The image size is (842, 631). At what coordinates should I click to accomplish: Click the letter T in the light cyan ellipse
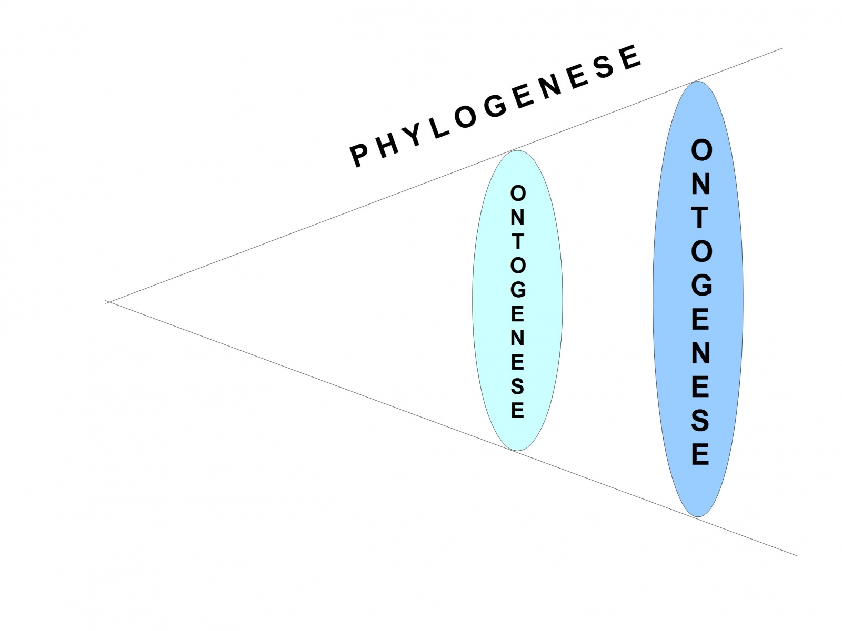tap(518, 241)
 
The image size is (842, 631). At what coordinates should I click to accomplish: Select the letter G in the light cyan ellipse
tap(518, 290)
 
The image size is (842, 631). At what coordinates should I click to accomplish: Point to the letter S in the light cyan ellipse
tap(518, 386)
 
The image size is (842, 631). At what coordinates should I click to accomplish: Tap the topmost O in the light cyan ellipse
tap(518, 194)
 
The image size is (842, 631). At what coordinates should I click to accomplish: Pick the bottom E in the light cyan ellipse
tap(518, 410)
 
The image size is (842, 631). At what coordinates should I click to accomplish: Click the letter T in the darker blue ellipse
tap(700, 218)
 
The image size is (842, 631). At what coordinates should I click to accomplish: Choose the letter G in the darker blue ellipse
tap(701, 286)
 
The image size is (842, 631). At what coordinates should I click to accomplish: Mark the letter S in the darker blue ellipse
tap(700, 421)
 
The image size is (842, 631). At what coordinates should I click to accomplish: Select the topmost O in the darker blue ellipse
tap(701, 151)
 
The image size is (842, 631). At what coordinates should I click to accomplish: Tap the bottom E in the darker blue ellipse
tap(700, 454)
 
